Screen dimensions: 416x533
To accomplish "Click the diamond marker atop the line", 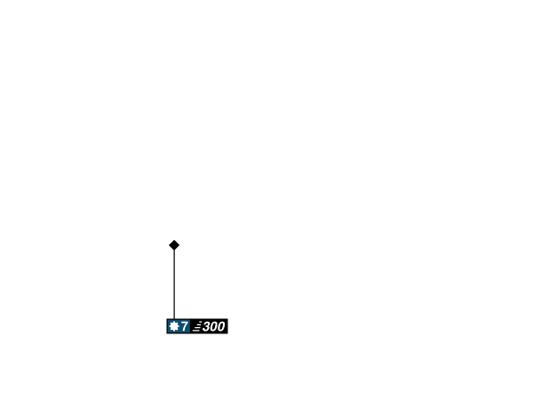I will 174,244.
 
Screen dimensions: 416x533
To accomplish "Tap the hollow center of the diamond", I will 174,244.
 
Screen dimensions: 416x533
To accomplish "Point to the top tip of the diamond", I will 174,238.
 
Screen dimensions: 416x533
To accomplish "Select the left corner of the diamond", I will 167,244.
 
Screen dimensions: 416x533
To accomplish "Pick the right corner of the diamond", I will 181,244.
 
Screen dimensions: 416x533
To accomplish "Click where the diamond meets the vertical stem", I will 174,252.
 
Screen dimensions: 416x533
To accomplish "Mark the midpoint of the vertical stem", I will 174,284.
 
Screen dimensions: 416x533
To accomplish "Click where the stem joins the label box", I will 174,317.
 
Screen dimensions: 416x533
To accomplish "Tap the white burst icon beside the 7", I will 174,326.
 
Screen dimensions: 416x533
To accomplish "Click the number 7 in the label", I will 185,326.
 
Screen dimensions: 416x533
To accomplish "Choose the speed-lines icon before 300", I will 196,326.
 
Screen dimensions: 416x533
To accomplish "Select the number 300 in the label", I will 213,326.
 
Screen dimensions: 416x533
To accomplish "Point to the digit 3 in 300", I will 206,326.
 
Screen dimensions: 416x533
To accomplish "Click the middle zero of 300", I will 213,326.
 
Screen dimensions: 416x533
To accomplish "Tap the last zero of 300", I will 220,326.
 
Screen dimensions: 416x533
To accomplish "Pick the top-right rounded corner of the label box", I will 227,319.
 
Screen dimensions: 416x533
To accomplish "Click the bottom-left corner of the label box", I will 167,333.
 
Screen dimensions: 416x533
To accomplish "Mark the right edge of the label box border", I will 228,326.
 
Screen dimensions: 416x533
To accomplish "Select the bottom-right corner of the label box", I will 227,333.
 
